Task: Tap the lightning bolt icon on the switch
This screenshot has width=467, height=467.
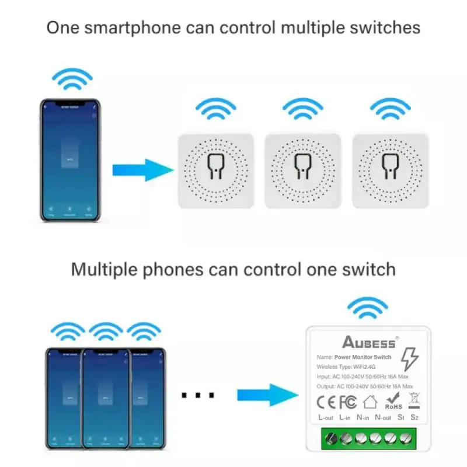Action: pyautogui.click(x=410, y=359)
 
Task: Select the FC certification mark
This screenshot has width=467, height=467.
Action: pyautogui.click(x=348, y=402)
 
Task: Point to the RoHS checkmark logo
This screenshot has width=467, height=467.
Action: pyautogui.click(x=393, y=400)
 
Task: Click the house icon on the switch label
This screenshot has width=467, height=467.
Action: pyautogui.click(x=370, y=402)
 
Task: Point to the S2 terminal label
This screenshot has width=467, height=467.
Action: pyautogui.click(x=415, y=417)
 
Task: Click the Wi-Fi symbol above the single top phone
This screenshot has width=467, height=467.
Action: pyautogui.click(x=72, y=79)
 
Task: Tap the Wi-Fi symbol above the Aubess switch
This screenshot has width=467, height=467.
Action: pyautogui.click(x=367, y=308)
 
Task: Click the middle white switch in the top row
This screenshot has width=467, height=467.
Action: pyautogui.click(x=303, y=170)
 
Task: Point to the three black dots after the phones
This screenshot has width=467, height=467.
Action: pyautogui.click(x=198, y=395)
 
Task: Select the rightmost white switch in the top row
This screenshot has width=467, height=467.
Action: pyautogui.click(x=390, y=170)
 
